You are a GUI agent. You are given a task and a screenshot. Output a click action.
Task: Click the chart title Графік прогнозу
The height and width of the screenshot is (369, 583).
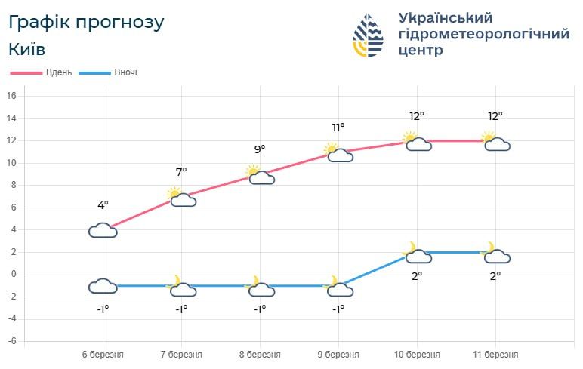[86, 23]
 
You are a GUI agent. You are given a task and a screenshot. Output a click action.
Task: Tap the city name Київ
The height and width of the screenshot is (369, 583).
[27, 50]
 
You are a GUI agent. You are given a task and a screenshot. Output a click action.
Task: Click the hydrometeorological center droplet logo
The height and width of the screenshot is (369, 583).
[369, 35]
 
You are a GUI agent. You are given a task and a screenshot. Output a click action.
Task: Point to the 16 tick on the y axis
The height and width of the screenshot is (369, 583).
[11, 96]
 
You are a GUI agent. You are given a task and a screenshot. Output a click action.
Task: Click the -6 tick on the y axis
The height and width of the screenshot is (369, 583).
[11, 341]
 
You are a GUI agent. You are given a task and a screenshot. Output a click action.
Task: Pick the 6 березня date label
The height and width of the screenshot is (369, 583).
[103, 354]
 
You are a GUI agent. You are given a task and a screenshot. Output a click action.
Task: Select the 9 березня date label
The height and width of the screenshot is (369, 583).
[338, 354]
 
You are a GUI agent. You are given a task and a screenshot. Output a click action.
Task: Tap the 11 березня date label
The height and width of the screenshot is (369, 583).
[495, 354]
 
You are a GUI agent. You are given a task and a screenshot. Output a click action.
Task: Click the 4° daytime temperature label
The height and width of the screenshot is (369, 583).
[103, 205]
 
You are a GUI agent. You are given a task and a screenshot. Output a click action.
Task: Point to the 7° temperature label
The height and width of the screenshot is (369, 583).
[181, 172]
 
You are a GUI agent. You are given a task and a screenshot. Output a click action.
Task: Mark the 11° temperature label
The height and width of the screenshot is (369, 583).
[338, 127]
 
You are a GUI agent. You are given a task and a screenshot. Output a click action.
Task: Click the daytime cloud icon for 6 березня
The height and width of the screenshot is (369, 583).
[103, 230]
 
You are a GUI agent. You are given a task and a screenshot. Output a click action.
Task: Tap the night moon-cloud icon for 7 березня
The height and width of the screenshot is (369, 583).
[181, 288]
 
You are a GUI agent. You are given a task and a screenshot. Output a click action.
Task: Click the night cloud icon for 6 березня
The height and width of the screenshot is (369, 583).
[103, 286]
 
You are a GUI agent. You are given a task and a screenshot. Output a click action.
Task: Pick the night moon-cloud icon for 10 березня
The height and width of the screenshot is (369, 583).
[417, 254]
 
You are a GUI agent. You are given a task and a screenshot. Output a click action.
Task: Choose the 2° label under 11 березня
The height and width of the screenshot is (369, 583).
[495, 276]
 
